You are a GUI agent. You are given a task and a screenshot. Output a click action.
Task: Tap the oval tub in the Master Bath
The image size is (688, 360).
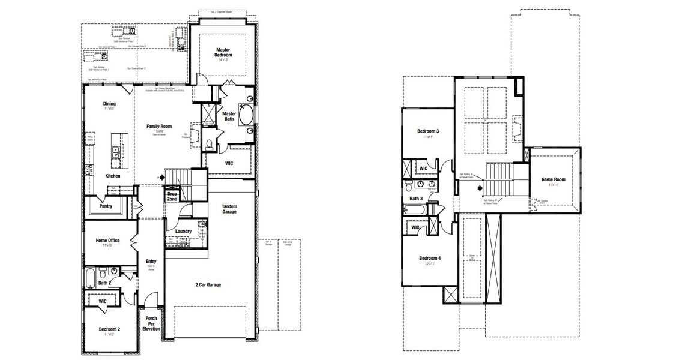coord(247,115)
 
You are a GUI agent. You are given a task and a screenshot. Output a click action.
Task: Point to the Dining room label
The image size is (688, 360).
coord(109,104)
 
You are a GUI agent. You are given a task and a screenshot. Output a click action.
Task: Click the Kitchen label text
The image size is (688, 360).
coord(112,176)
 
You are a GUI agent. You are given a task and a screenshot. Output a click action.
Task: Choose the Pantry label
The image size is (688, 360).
coord(106,205)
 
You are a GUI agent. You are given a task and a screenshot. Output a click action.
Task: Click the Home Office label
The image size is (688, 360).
coord(107,241)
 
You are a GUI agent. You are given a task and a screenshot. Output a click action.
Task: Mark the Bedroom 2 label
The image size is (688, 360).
coord(109,329)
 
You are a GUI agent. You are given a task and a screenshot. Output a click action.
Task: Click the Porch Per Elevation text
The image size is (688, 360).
coord(151,323)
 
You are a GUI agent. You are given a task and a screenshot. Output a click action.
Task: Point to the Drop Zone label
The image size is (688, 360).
coord(172,196)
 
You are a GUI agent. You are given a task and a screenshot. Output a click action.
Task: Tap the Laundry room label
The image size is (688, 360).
coord(183,231)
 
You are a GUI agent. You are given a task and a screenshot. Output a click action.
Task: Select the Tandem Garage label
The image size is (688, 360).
coord(229,209)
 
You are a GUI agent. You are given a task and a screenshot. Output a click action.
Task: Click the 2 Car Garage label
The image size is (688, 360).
coord(208,284)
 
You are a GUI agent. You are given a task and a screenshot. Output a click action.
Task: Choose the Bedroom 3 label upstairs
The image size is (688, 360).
coord(428,131)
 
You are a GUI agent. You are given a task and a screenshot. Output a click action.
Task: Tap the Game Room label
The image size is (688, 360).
coord(553,179)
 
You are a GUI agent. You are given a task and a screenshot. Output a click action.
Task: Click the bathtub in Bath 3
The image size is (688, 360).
coord(415,210)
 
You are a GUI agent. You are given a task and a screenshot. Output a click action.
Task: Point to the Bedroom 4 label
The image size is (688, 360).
coord(430,259)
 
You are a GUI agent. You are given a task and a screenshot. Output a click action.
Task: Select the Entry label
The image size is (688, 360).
coord(151,262)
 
